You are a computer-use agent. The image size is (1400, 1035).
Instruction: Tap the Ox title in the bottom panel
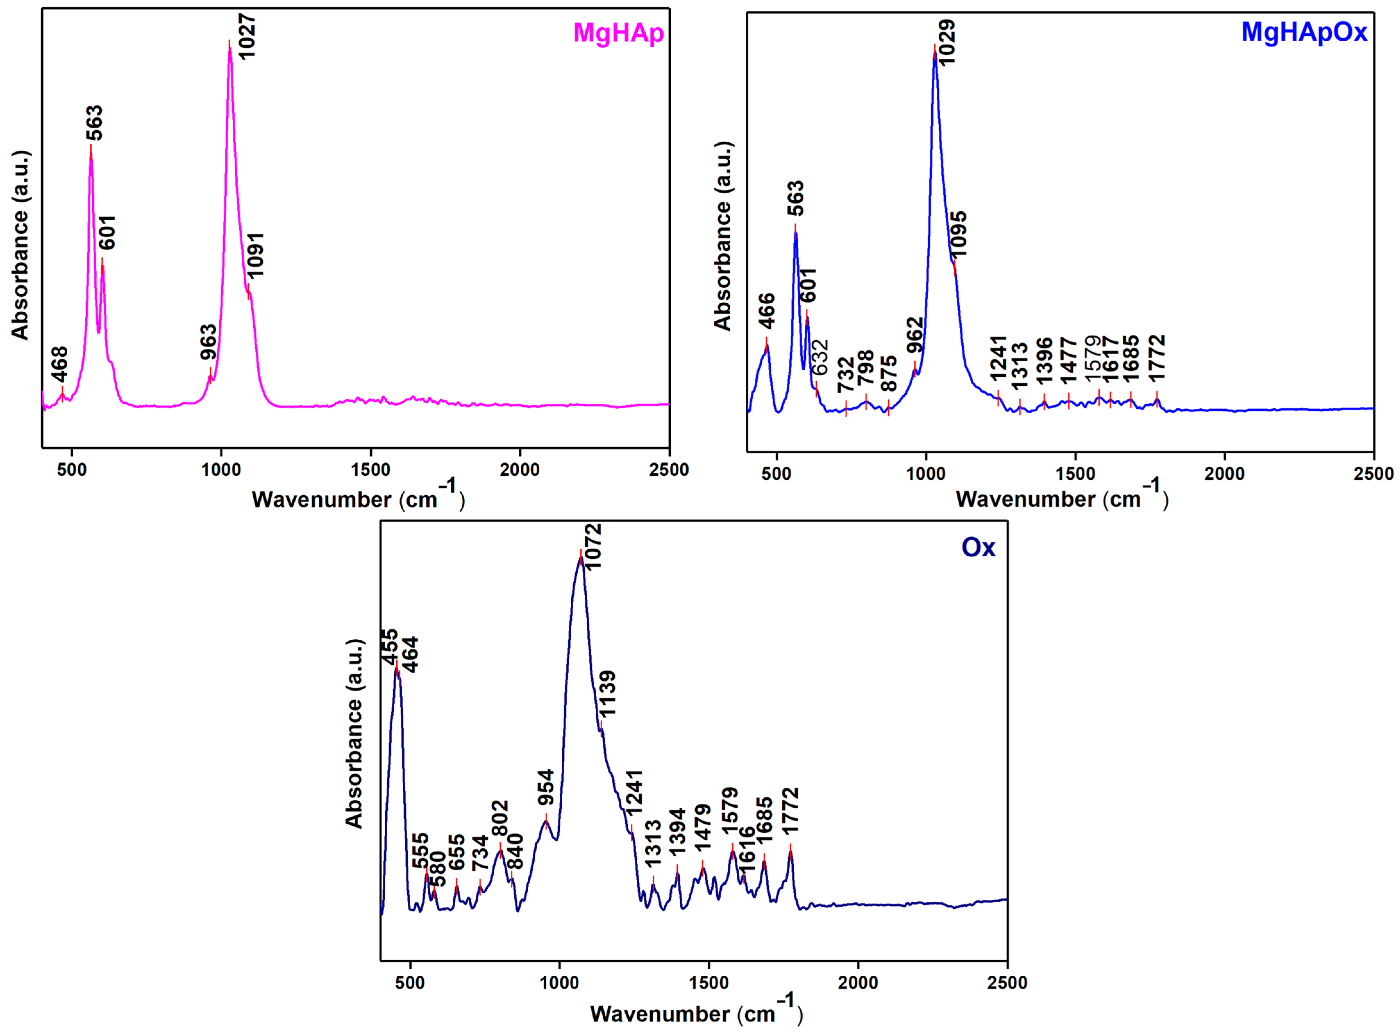[978, 548]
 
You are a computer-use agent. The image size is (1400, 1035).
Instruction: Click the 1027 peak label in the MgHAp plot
[247, 36]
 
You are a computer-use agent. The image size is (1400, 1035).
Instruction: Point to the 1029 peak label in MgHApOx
[946, 42]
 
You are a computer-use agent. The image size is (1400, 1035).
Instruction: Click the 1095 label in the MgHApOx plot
[958, 234]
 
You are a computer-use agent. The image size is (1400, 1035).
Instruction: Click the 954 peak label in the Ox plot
[546, 789]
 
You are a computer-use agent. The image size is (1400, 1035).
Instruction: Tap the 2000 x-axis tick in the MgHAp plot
[519, 470]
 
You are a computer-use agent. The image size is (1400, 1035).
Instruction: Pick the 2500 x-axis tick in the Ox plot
[1007, 982]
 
